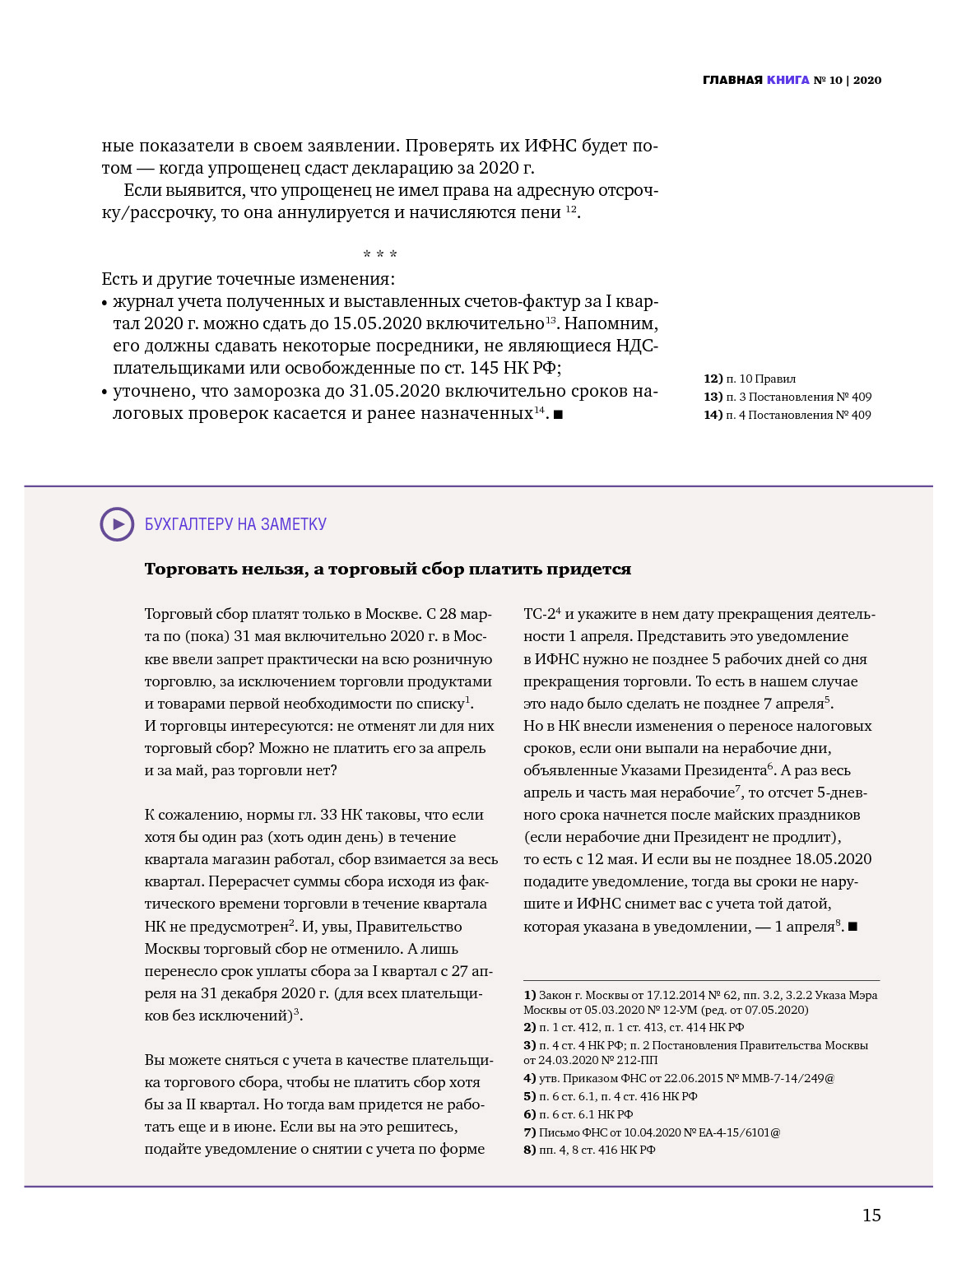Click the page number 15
coord(871,1216)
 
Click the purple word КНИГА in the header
coord(787,80)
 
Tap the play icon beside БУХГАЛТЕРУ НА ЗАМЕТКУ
coord(117,524)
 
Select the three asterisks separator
coord(380,255)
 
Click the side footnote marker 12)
coord(713,379)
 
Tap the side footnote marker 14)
coord(713,415)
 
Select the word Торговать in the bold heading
coord(186,569)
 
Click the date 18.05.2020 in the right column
coord(833,859)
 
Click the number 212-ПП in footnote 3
coord(639,1060)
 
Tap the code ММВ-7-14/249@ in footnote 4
coord(788,1078)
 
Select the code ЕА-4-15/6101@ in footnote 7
coord(739,1132)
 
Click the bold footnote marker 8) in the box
coord(530,1150)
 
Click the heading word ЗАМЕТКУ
coord(294,524)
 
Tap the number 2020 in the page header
coord(867,80)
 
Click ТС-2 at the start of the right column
coord(540,614)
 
